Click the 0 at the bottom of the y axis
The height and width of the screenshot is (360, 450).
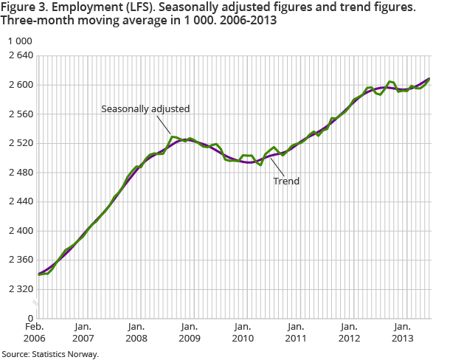(x=30, y=318)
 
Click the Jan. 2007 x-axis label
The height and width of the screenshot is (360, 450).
(x=83, y=332)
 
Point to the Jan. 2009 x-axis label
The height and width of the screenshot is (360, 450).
(x=189, y=332)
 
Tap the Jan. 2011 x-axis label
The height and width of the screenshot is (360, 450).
(x=295, y=332)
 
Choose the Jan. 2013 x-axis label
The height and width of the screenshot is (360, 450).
(x=401, y=332)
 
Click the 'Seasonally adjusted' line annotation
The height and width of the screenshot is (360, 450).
(x=145, y=108)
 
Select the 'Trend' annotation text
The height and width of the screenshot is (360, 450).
(x=286, y=181)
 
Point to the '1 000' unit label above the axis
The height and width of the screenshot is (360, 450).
(x=18, y=41)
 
